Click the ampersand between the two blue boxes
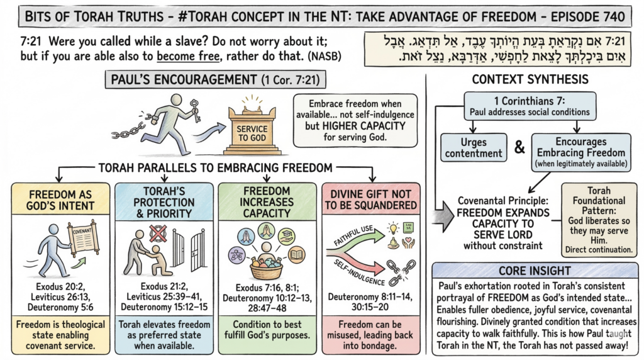point(519,149)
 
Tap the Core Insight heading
point(536,270)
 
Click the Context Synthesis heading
point(536,80)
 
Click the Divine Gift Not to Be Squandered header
point(371,198)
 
